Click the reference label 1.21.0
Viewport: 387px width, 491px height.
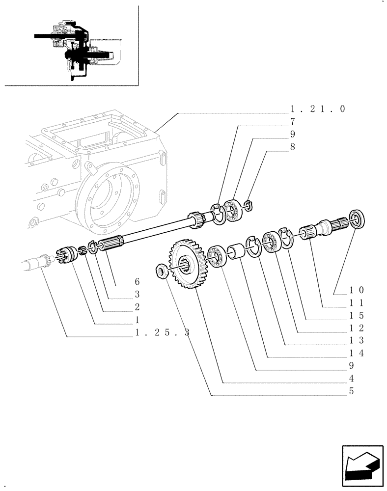click(x=318, y=109)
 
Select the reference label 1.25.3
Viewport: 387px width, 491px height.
click(x=162, y=333)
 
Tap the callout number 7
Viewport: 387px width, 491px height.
click(x=292, y=121)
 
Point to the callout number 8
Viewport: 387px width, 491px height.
click(x=292, y=146)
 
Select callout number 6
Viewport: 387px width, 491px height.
click(x=137, y=282)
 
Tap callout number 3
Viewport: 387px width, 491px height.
click(x=137, y=295)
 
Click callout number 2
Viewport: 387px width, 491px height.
click(x=137, y=307)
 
